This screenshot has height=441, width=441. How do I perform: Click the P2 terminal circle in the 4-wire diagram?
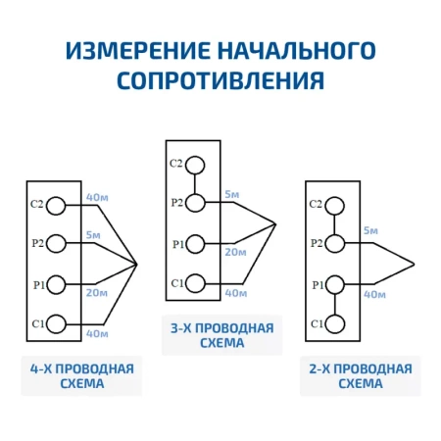point(57,243)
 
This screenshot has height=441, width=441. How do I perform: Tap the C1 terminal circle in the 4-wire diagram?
point(57,322)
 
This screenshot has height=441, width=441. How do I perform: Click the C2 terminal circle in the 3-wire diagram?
point(196,165)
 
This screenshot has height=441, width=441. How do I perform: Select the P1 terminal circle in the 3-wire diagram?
point(196,244)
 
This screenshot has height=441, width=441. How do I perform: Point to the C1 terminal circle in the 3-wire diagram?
point(196,283)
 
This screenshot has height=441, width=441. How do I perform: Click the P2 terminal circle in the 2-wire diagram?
point(335,243)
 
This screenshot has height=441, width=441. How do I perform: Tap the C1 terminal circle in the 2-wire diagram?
point(335,322)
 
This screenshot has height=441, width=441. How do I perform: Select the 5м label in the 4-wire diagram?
point(93,235)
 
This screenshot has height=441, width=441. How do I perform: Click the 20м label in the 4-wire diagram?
point(96,292)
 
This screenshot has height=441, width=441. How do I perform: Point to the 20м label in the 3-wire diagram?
point(235,252)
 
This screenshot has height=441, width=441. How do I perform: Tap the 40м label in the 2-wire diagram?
point(373,293)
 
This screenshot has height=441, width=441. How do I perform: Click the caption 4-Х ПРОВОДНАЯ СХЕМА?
point(81,376)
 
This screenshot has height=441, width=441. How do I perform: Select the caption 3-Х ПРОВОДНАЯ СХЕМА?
point(222,335)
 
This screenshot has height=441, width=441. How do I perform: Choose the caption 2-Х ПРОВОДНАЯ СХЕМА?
point(360,376)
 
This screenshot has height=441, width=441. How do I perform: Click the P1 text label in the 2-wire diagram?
point(317,284)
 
